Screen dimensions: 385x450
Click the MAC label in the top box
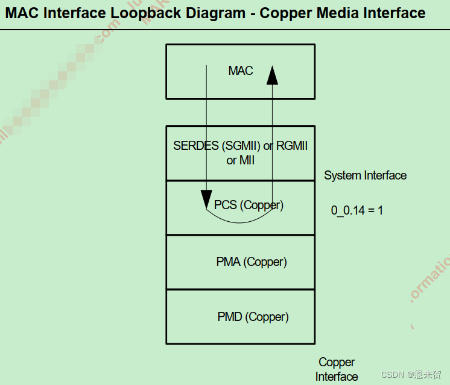click(240, 71)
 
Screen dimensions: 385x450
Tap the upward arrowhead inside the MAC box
click(272, 74)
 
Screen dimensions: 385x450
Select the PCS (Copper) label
click(249, 205)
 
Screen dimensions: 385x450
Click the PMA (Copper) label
click(252, 262)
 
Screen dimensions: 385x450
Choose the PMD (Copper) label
click(253, 317)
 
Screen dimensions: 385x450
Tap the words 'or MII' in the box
click(240, 160)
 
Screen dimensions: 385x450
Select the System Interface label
click(365, 175)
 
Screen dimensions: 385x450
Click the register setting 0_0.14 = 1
click(357, 210)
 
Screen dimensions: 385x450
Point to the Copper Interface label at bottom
click(337, 369)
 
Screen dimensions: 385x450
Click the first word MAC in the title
click(22, 13)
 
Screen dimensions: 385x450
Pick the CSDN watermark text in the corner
click(392, 375)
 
